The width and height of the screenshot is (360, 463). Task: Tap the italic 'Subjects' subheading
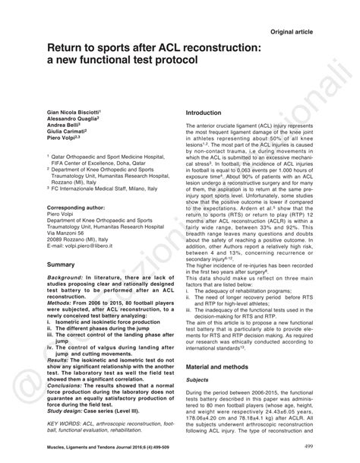click(198, 378)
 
